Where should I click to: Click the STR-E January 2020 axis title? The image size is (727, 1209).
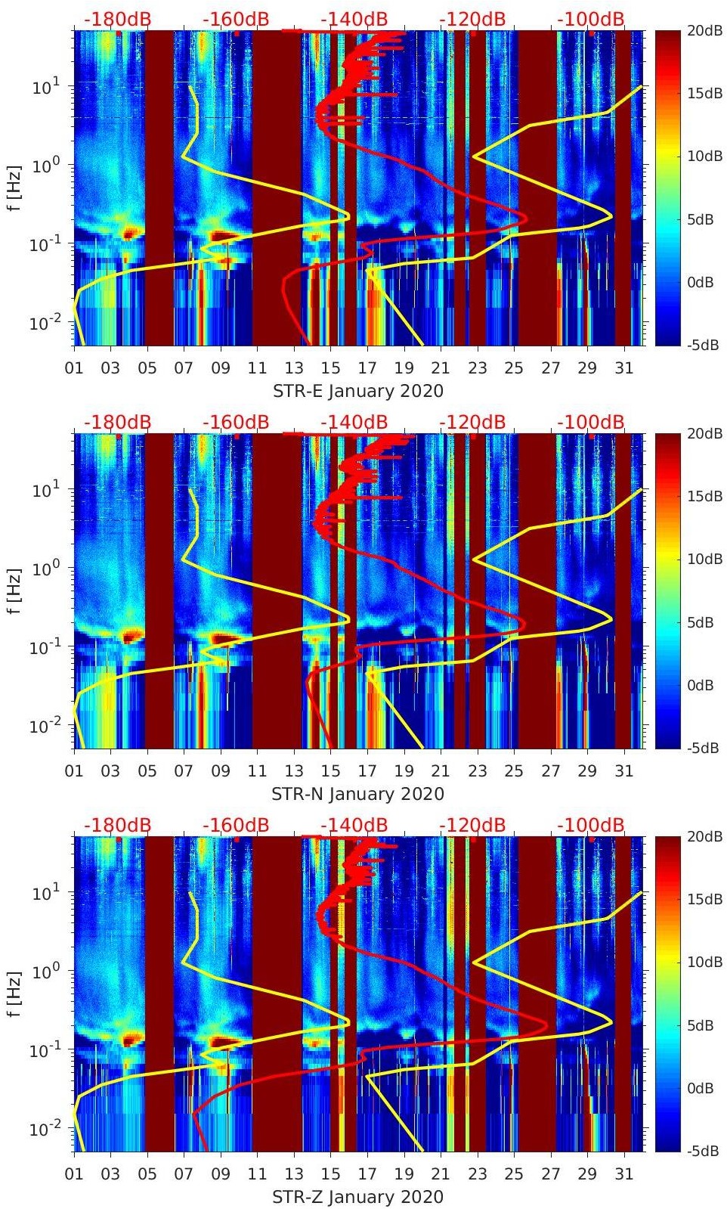tap(357, 391)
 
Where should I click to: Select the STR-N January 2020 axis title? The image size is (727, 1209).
tap(357, 794)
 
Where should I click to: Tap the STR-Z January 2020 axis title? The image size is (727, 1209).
tap(357, 1197)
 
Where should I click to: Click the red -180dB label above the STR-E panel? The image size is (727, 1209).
tap(117, 19)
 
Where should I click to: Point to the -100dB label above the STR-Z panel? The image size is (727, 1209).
tap(590, 825)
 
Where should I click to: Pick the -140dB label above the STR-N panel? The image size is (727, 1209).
tap(354, 422)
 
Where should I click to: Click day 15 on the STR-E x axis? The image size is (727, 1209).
tap(330, 367)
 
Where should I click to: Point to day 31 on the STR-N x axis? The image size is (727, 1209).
tap(623, 770)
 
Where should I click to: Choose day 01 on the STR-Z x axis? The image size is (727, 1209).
tap(74, 1173)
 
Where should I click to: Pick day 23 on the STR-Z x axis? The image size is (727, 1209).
tap(477, 1173)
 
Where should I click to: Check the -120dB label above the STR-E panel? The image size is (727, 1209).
tap(472, 19)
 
